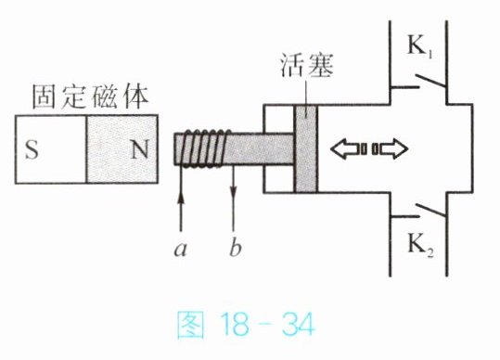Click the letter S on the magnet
coord(32,150)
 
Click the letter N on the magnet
coord(140,149)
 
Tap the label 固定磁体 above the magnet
coord(90,96)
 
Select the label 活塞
coord(307,65)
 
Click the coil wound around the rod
coord(204,148)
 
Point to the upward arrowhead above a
coord(181,197)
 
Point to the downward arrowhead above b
coord(234,192)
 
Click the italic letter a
coord(181,250)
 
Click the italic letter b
coord(236,247)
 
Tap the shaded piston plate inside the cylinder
coord(306,148)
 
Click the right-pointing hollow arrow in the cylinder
coord(390,148)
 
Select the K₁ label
coord(420,46)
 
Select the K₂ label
coord(421,246)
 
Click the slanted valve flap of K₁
coord(430,81)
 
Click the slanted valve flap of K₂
coord(431,210)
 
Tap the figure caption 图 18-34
coord(246,325)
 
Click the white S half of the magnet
coord(51,149)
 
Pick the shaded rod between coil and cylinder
coord(259,148)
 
